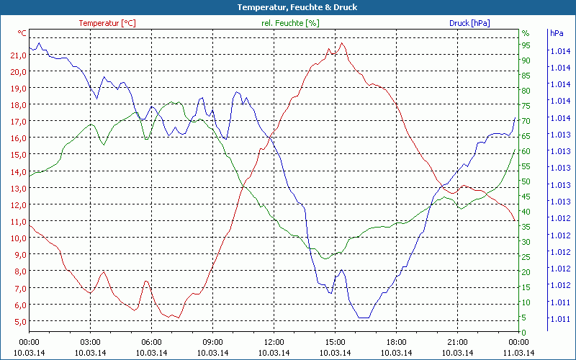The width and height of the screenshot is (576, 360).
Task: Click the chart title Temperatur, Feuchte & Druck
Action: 287,7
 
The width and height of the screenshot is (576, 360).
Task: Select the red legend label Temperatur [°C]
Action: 107,23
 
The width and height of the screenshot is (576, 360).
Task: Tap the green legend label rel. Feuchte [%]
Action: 289,23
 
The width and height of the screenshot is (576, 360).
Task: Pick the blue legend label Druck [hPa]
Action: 469,23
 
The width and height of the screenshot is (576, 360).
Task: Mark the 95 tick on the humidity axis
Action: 526,45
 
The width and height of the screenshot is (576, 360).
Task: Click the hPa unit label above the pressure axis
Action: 557,33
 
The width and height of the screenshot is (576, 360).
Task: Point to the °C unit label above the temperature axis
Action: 22,33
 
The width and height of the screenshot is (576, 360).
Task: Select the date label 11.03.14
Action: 519,352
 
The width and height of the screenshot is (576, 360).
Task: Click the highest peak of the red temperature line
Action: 342,43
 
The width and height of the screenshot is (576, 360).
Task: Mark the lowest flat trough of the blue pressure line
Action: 363,318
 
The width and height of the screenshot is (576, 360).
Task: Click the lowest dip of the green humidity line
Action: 325,258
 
